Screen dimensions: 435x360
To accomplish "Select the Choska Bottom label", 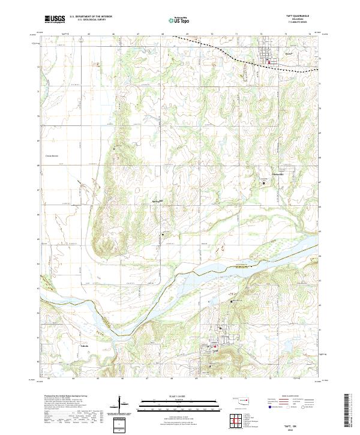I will (x=53, y=156).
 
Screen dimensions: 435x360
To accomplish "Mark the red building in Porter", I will (x=269, y=61).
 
